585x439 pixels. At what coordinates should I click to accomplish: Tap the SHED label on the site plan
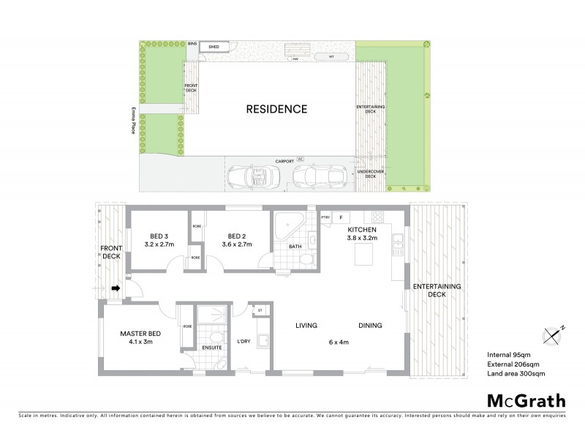pyautogui.click(x=214, y=46)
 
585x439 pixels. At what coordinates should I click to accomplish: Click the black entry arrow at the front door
pyautogui.click(x=115, y=288)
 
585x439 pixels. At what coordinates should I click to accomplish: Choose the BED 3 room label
pyautogui.click(x=159, y=236)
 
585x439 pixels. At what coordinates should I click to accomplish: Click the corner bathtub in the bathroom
pyautogui.click(x=286, y=225)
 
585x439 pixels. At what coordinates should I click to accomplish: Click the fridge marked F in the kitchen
pyautogui.click(x=341, y=217)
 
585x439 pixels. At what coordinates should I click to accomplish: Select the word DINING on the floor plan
pyautogui.click(x=371, y=326)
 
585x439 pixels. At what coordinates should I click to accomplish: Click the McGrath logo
pyautogui.click(x=526, y=400)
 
